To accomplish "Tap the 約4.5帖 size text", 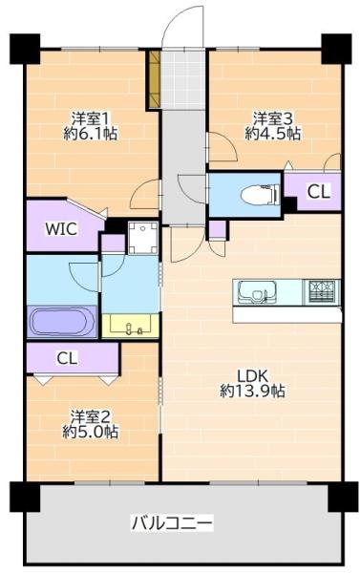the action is click(272, 134).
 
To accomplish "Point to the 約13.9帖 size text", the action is click(252, 392).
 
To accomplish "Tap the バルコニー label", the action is click(172, 523).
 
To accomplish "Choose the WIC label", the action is click(61, 229).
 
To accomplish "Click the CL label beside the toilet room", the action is click(318, 191).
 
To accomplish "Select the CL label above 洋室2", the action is click(67, 358).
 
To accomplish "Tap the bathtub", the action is click(61, 322).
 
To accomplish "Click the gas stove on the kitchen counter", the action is click(324, 292).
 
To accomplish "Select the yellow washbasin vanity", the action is click(130, 326).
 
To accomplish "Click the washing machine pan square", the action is click(143, 237).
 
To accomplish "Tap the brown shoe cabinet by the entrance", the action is click(155, 79).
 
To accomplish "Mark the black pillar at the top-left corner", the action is click(25, 49).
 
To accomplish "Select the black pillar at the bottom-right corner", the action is click(343, 497).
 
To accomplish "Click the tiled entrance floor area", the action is click(183, 79).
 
